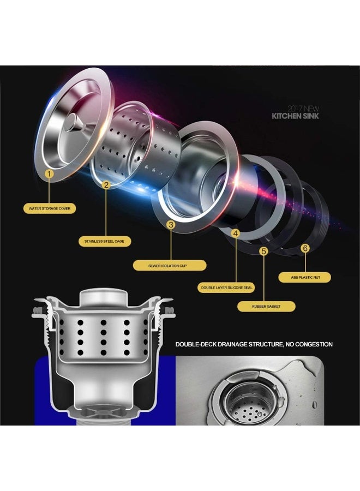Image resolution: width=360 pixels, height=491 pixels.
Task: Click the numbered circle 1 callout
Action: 49,173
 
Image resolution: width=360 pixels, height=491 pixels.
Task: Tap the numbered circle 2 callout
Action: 106,185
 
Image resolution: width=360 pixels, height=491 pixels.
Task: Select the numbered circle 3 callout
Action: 171,225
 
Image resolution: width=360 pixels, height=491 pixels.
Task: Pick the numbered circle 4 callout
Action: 236,233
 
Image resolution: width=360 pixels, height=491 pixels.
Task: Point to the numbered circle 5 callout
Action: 264,251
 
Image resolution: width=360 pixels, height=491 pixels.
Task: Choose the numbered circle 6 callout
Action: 305,248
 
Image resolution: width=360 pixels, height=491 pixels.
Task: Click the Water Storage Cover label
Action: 50,208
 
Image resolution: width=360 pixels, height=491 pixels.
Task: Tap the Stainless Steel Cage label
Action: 104,242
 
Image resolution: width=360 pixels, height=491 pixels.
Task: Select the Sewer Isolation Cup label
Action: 169,266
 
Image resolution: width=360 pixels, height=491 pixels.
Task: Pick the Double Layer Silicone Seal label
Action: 226,288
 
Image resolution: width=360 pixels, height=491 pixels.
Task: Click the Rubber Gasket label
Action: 266,306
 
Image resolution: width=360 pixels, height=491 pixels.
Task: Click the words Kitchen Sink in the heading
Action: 295,116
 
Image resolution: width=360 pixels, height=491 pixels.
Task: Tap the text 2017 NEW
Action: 303,109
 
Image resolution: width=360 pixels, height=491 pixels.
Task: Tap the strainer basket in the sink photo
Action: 250,404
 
